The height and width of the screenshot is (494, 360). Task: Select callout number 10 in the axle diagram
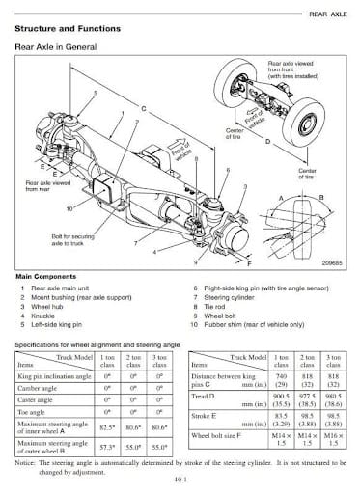point(69,207)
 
